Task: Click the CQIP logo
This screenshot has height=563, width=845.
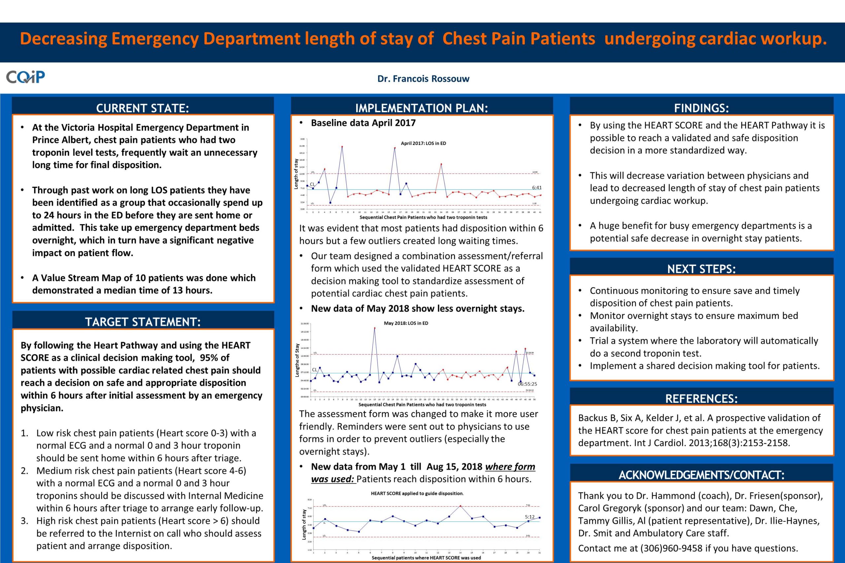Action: [25, 77]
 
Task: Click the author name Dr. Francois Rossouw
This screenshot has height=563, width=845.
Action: [423, 79]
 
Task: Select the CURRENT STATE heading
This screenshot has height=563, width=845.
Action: [143, 108]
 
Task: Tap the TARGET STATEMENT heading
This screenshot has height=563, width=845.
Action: [143, 322]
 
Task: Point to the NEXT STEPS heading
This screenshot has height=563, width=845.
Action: [701, 269]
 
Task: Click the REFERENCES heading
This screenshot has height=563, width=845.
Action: [701, 399]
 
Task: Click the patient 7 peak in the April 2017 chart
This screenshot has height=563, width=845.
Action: [342, 147]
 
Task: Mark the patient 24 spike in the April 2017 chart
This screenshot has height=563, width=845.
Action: [441, 164]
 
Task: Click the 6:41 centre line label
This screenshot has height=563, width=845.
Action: [536, 187]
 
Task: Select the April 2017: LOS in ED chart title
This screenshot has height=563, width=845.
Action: [423, 143]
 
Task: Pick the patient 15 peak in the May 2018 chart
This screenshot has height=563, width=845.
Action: [375, 328]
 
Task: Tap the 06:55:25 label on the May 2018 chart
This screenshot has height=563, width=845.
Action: [527, 384]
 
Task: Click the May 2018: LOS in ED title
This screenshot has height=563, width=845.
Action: [406, 323]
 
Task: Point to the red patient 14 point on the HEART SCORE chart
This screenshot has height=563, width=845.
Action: [460, 506]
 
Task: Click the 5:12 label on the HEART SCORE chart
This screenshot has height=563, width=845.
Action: [530, 517]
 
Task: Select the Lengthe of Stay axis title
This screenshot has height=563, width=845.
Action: [297, 360]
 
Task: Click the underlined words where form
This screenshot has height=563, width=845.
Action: [510, 466]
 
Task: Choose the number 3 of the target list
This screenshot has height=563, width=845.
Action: [24, 521]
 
